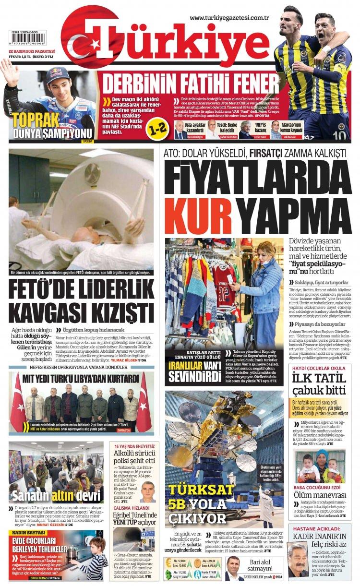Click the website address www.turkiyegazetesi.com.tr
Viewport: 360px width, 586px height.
[229, 18]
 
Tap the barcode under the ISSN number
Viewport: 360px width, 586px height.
[28, 40]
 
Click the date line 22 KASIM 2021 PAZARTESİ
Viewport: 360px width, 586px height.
[32, 51]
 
